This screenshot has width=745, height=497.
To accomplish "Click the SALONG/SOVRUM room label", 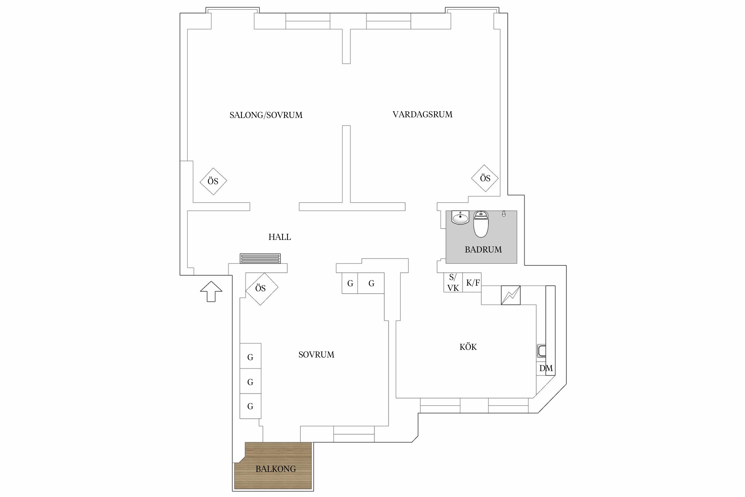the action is coord(266,115).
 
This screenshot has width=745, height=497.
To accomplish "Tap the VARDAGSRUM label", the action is coord(422,114).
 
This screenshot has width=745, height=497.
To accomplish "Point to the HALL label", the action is coord(279,237).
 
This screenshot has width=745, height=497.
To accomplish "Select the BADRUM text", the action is coord(483,249).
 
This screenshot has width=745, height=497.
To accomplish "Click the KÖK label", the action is coord(468,347).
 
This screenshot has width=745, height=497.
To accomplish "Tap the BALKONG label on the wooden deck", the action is coord(275,469).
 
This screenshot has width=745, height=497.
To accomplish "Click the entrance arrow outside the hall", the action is coord(211,292).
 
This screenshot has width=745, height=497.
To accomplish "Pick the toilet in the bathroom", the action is coord(481,224).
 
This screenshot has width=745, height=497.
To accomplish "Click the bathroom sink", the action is coord(460,218).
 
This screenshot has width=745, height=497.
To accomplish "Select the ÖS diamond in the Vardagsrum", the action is coord(485,178).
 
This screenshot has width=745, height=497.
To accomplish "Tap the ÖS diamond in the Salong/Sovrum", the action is coord(213,181).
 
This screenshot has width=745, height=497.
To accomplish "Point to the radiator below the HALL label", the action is coord(260,258).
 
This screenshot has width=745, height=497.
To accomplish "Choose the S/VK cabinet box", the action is coord(453,282).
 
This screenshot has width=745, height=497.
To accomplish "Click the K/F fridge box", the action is coord(472,282).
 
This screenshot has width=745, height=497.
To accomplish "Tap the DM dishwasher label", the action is coord(546,368).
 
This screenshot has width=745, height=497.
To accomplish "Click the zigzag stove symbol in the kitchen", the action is coord(511,295).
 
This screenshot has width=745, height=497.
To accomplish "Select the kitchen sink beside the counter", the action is coord(541,351).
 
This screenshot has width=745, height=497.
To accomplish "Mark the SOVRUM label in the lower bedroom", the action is coord(316,355).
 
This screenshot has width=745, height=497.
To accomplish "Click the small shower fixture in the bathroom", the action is coord(504,213).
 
